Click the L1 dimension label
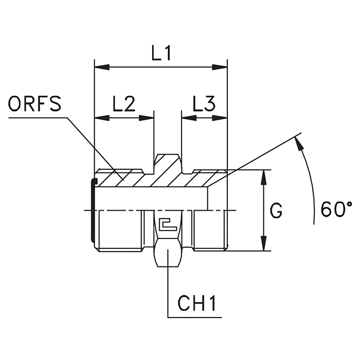coord(161,54)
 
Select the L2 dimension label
coord(123,104)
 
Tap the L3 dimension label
coord(204,104)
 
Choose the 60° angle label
coord(337,208)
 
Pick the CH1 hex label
coord(197,305)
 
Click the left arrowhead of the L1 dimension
coord(101,67)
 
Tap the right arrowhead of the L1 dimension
coord(221,67)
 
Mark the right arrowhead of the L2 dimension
coord(148,117)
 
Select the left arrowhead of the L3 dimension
coord(188,117)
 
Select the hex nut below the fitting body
coord(168,255)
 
